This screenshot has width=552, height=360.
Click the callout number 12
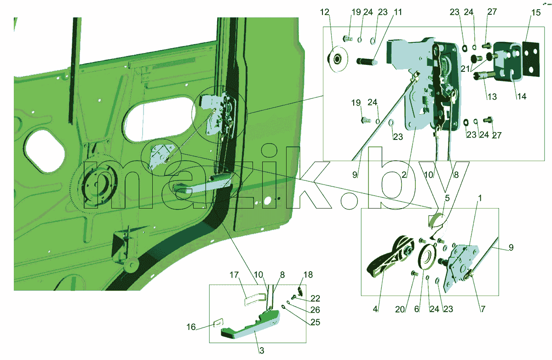click(325, 12)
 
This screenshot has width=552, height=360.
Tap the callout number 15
click(536, 12)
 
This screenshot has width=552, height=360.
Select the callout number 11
click(397, 12)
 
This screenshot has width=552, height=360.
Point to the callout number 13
click(492, 97)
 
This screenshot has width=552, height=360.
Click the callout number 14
click(522, 96)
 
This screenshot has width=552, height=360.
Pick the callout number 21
click(465, 69)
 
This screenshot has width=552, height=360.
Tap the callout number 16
click(191, 327)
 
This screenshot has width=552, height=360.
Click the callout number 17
click(234, 275)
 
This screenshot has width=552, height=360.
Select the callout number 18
click(308, 275)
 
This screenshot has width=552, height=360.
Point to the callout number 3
click(262, 351)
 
